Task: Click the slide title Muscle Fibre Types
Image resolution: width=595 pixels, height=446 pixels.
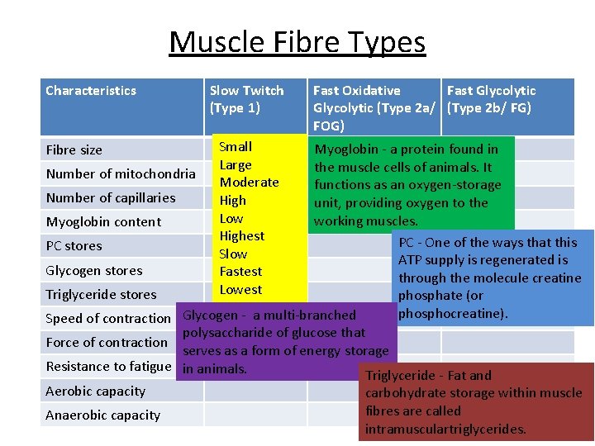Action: coord(297,41)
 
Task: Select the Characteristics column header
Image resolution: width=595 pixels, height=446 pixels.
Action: coord(91,91)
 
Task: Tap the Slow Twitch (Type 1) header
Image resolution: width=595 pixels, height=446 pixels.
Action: coord(246,99)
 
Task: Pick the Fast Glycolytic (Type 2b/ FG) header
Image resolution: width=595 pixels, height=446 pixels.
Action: coord(491,99)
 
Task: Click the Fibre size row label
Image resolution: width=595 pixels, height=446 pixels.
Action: coord(74,150)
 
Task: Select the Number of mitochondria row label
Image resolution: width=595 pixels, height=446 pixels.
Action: coord(121,174)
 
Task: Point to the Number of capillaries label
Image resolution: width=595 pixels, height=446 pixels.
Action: coord(111,198)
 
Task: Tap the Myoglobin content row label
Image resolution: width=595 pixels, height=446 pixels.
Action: coord(103,222)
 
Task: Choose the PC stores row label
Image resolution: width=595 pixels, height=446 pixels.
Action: coord(74,246)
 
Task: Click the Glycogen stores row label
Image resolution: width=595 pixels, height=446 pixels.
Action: coord(94,271)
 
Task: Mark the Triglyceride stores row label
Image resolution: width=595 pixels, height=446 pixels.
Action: coord(101,295)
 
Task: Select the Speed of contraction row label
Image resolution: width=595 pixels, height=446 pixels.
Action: coord(108,319)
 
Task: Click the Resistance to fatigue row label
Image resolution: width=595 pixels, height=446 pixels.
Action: coord(108,367)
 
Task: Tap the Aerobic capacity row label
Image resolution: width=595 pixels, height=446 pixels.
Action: coord(96,391)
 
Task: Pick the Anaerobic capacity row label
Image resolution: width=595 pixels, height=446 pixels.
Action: coord(103,415)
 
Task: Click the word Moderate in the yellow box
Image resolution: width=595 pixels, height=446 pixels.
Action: coord(249,183)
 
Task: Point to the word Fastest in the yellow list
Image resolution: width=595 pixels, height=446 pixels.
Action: coord(240,272)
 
